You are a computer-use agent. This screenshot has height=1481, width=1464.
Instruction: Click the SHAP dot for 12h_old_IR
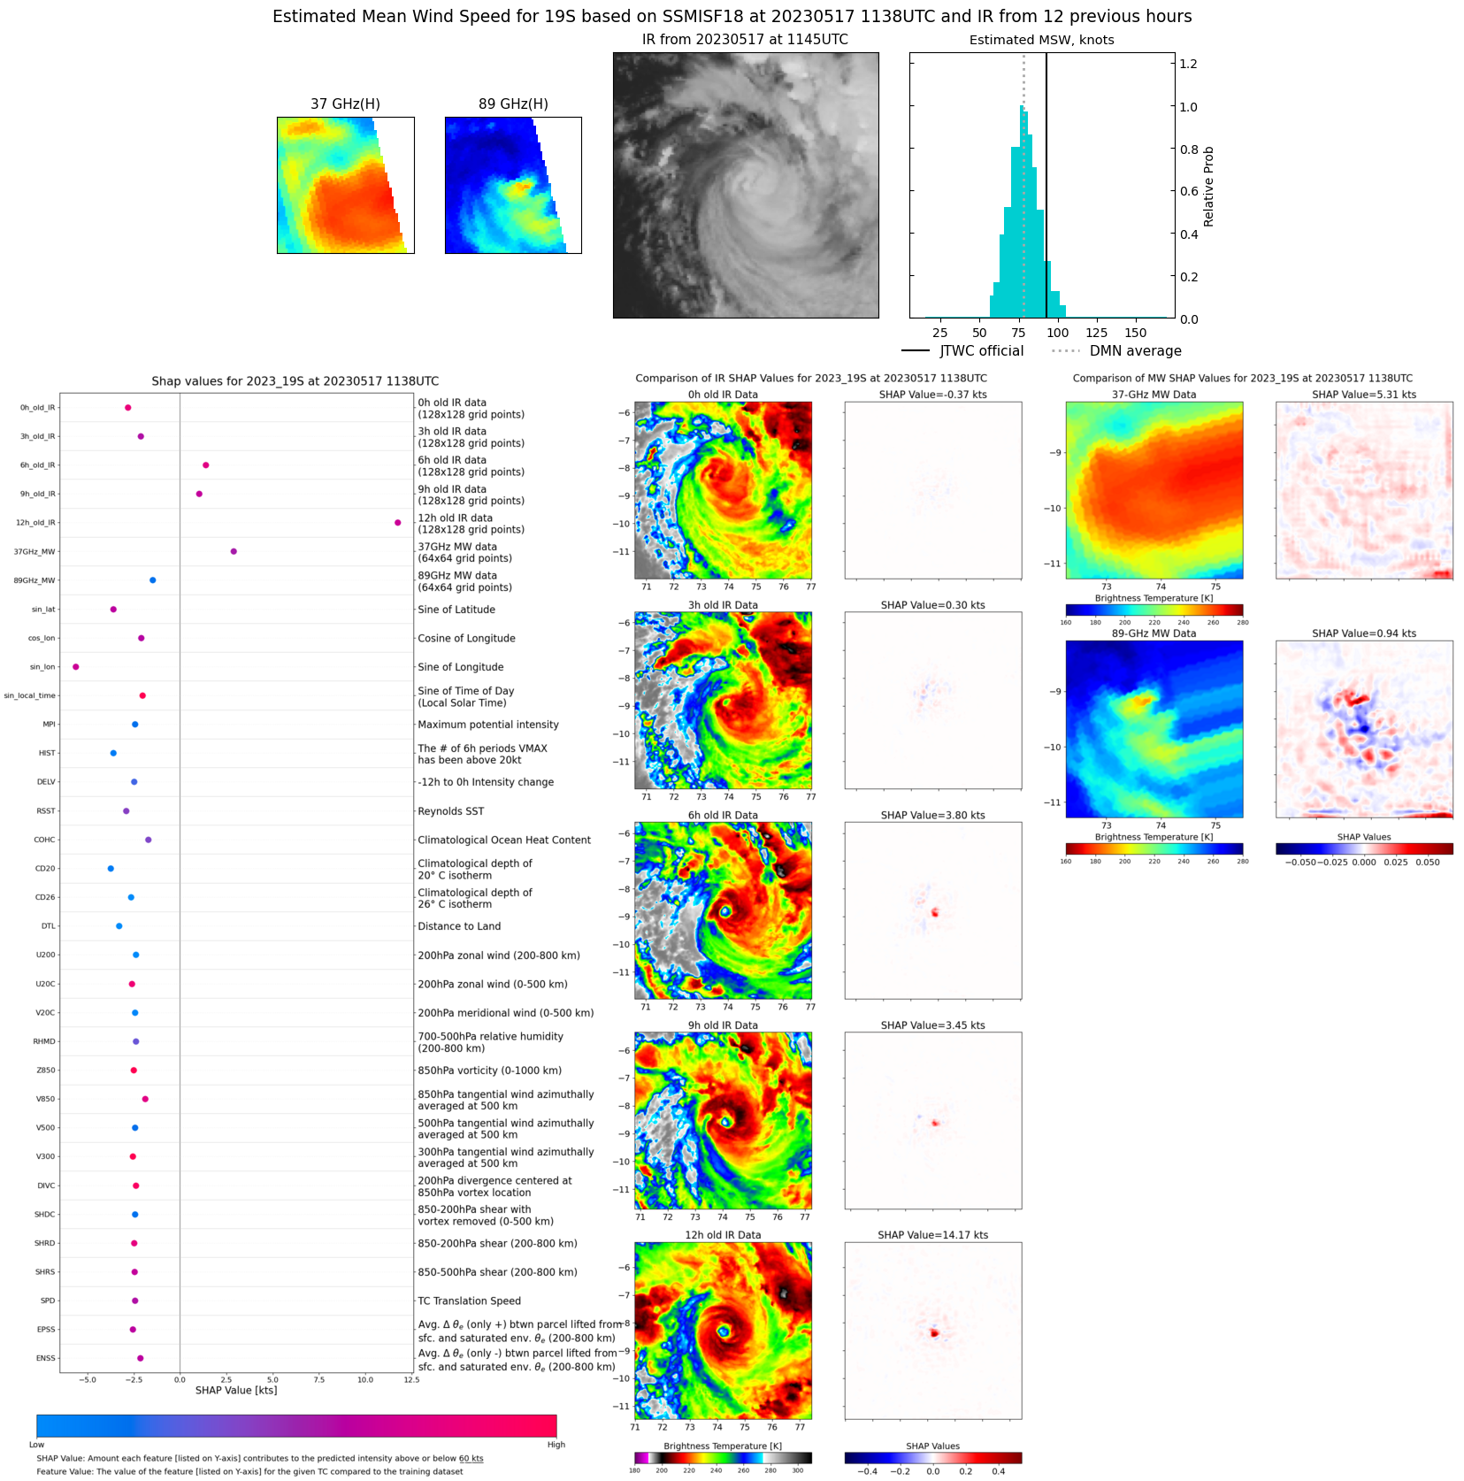pyautogui.click(x=397, y=523)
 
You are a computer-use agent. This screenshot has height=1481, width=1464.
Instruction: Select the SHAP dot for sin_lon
pyautogui.click(x=75, y=667)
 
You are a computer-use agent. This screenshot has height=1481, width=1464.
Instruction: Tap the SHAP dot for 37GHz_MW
pyautogui.click(x=234, y=551)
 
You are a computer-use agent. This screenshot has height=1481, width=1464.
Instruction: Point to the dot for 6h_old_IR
pyautogui.click(x=205, y=465)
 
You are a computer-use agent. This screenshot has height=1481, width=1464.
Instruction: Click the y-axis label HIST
pyautogui.click(x=47, y=753)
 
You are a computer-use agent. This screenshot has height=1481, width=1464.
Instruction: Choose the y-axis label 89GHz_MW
pyautogui.click(x=34, y=580)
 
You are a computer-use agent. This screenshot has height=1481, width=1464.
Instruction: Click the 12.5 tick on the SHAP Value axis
pyautogui.click(x=410, y=1379)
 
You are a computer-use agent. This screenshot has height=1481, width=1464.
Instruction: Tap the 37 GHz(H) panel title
pyautogui.click(x=345, y=104)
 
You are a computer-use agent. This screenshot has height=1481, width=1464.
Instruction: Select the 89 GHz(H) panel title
pyautogui.click(x=513, y=104)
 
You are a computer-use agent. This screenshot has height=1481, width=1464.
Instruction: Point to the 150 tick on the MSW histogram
pyautogui.click(x=1135, y=333)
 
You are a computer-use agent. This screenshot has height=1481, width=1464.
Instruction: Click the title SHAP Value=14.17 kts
pyautogui.click(x=932, y=1235)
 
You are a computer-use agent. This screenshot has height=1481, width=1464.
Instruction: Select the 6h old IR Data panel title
pyautogui.click(x=723, y=816)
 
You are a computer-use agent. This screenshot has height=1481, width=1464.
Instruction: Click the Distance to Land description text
pyautogui.click(x=459, y=926)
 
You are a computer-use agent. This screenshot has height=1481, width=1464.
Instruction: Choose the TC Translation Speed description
pyautogui.click(x=469, y=1301)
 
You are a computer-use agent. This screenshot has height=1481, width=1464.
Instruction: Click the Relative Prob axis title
pyautogui.click(x=1208, y=186)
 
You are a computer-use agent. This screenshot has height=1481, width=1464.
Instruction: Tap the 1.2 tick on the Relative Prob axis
pyautogui.click(x=1188, y=64)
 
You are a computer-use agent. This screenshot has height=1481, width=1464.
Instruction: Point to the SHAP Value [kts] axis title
pyautogui.click(x=236, y=1391)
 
